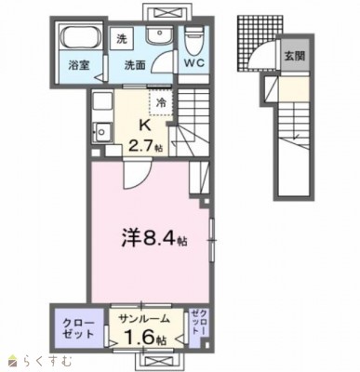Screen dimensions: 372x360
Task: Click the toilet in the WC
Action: coord(193,42)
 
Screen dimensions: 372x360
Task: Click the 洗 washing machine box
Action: coord(121,40)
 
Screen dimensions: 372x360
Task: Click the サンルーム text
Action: coord(140,320)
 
